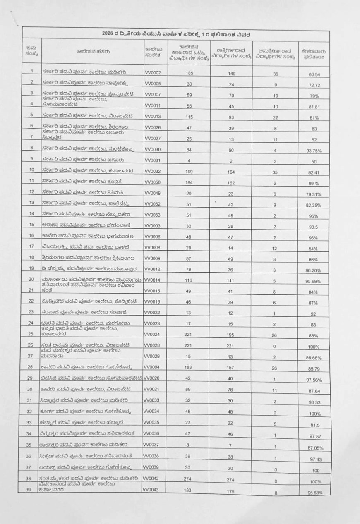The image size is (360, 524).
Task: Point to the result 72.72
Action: tap(314, 85)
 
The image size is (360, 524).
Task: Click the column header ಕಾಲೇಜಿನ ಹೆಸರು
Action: tap(92, 52)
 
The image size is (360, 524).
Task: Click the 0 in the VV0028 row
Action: tap(276, 346)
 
